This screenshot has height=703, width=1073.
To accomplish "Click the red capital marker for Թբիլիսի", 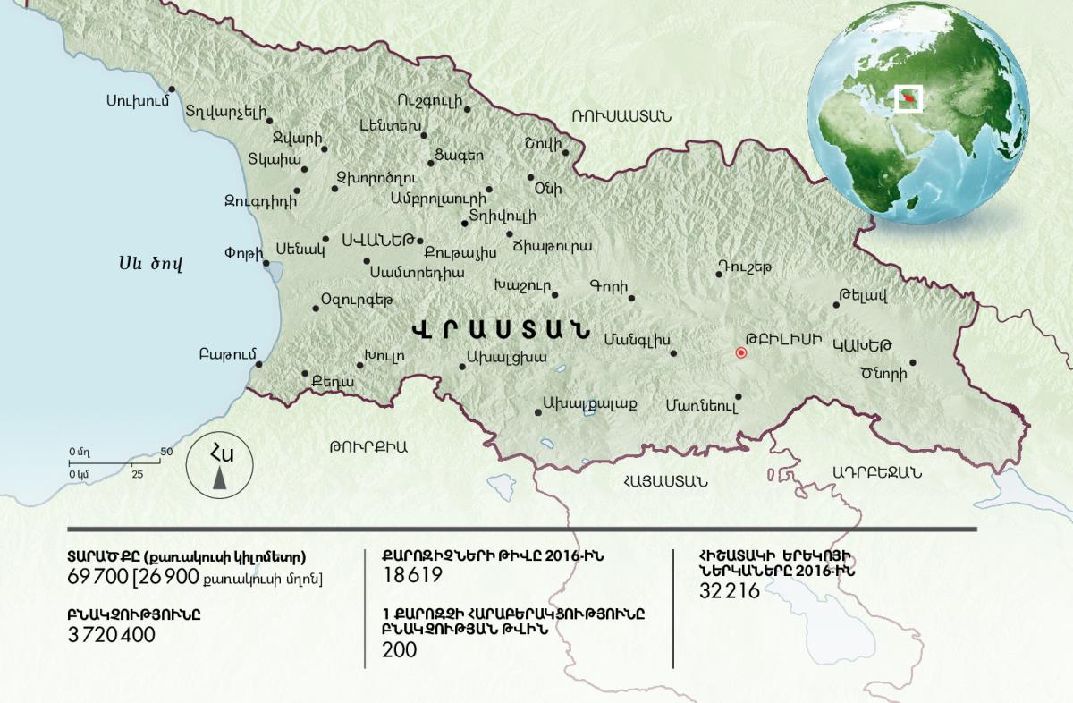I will click(x=740, y=352).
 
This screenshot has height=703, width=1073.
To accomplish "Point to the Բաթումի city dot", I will click(x=258, y=364).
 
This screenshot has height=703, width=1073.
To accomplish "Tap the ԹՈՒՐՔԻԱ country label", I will click(x=368, y=446).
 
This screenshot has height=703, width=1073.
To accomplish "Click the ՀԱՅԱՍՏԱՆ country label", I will click(x=666, y=480).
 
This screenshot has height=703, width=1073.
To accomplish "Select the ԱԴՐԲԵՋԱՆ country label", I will click(x=876, y=472).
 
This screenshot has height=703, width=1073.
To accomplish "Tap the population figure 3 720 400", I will click(x=111, y=635).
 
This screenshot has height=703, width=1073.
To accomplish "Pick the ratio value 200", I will click(x=399, y=650).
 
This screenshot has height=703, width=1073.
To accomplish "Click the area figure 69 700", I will click(x=97, y=578).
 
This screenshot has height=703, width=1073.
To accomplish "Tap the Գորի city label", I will click(x=605, y=286).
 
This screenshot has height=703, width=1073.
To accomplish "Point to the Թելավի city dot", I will click(x=837, y=305).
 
